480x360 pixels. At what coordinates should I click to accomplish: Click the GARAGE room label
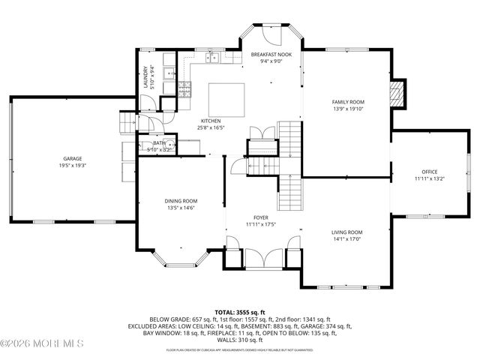72,158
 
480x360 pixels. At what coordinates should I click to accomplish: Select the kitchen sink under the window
212,58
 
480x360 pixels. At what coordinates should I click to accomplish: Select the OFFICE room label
429,172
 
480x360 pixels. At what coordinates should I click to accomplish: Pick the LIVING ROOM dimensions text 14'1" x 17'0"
347,239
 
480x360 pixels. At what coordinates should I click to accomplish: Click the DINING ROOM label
181,200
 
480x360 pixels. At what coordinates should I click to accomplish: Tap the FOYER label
260,217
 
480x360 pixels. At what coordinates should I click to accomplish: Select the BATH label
159,142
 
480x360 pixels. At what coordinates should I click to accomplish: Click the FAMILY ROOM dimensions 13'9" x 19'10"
347,108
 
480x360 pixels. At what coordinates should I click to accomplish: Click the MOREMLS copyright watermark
42,344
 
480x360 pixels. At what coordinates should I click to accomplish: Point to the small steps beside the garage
125,122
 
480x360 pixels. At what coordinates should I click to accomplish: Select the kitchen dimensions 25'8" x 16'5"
209,127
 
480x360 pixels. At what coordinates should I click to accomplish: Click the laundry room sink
169,75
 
